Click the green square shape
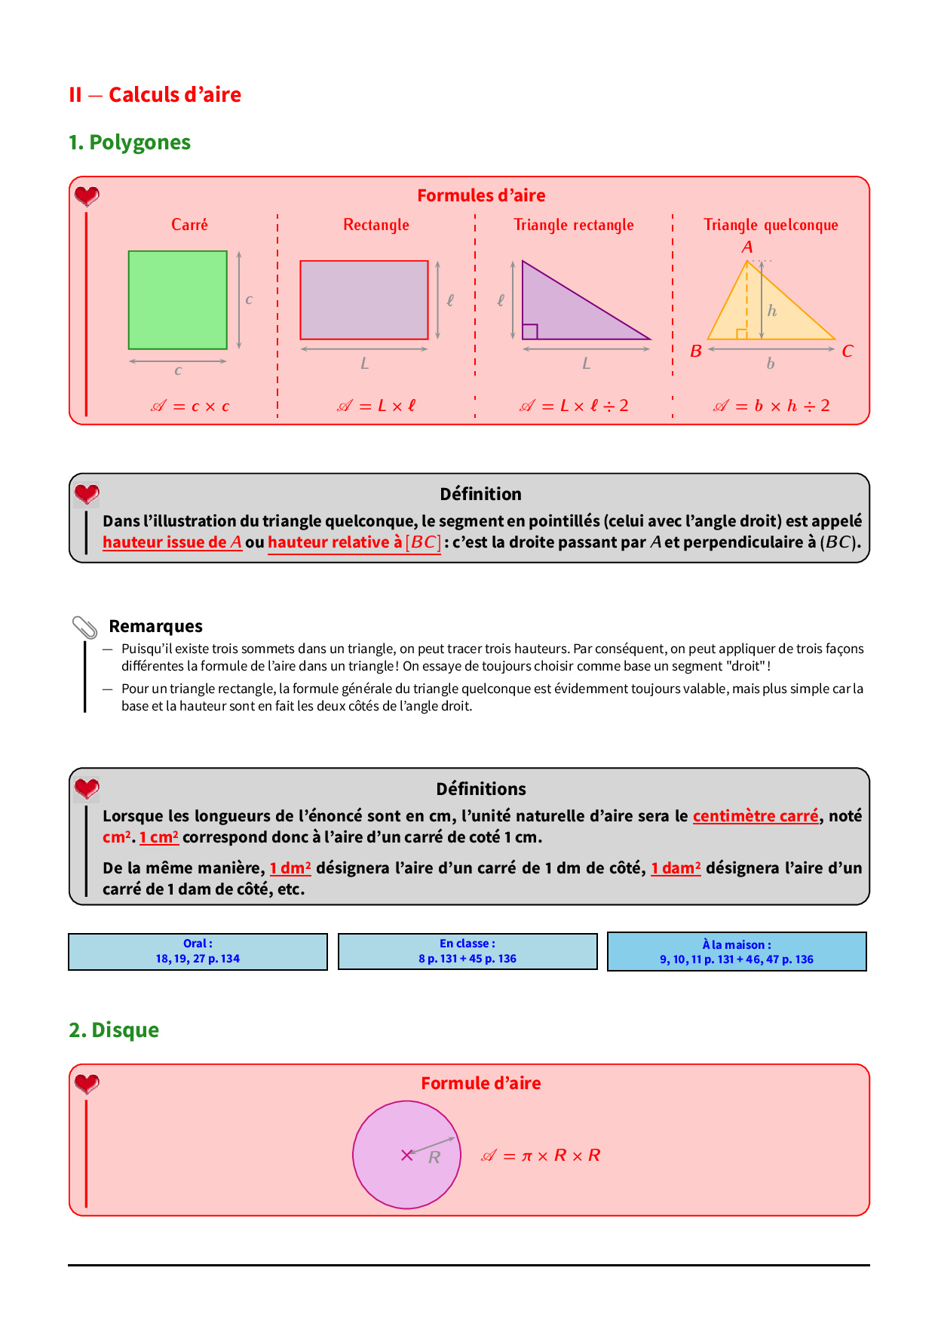pos(177,299)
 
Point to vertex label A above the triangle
pos(746,247)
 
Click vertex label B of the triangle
pos(696,351)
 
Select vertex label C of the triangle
pos(847,351)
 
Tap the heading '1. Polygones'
pos(130,143)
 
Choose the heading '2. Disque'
pos(114,1030)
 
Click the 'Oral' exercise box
pos(198,951)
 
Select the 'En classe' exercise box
pos(467,951)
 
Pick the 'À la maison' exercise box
pos(737,952)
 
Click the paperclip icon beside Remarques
pos(84,627)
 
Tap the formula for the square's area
pos(190,407)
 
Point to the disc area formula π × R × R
pos(541,1156)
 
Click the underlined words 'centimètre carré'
pos(755,816)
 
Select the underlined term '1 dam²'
pos(676,868)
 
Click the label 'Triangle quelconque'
pos(771,225)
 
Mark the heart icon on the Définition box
pos(87,494)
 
